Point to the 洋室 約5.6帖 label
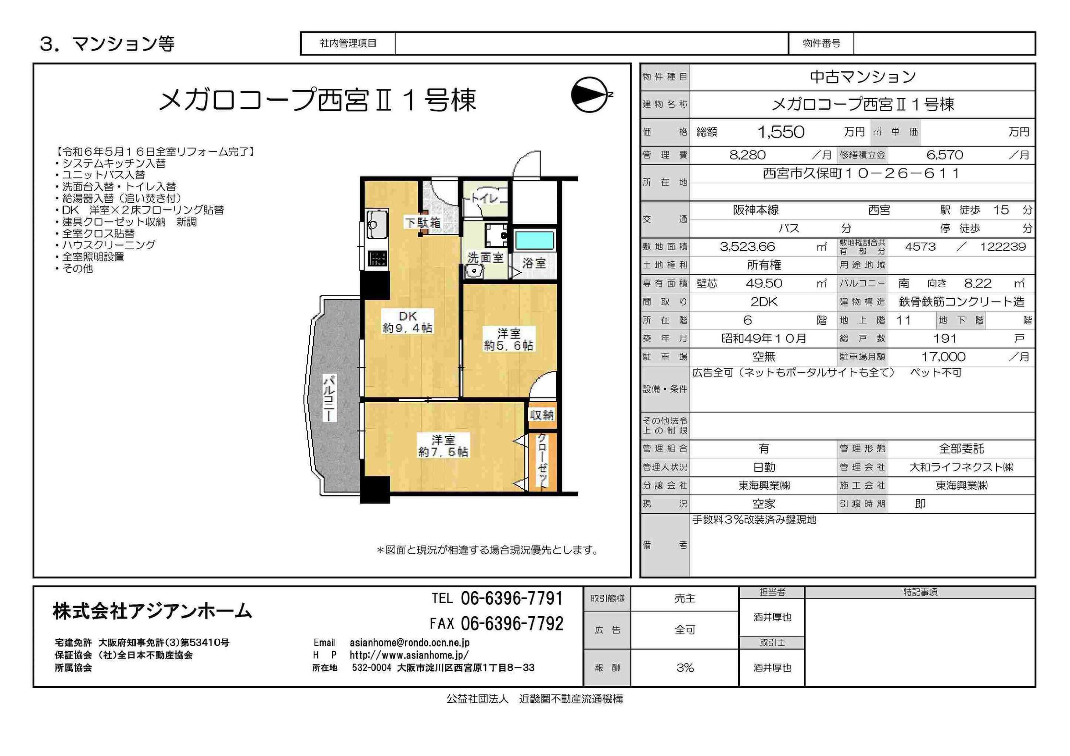tap(508, 339)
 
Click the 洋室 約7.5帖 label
tap(443, 445)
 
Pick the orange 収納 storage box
tap(541, 415)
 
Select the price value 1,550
tap(781, 132)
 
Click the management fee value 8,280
tap(747, 155)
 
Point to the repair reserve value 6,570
tap(945, 155)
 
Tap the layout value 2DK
tap(764, 302)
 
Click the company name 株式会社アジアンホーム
tap(153, 611)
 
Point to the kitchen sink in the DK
tap(377, 225)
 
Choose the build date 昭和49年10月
tap(764, 339)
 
